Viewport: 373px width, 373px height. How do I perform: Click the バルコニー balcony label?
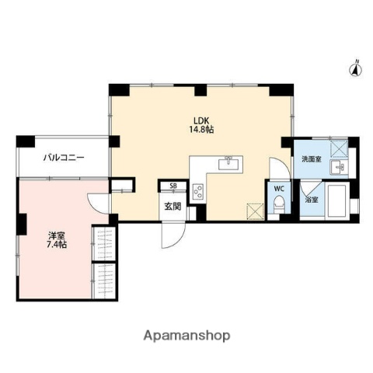tap(63, 158)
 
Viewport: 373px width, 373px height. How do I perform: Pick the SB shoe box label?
tap(173, 186)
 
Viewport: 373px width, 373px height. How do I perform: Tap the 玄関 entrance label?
tap(172, 205)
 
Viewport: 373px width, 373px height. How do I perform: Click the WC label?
tap(277, 187)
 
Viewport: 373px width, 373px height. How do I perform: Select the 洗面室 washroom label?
tap(311, 159)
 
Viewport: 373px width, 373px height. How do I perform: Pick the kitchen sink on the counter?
tap(229, 162)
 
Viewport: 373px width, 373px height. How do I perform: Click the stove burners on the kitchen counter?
tap(197, 190)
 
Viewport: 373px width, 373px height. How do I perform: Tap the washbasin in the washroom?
tap(337, 166)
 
